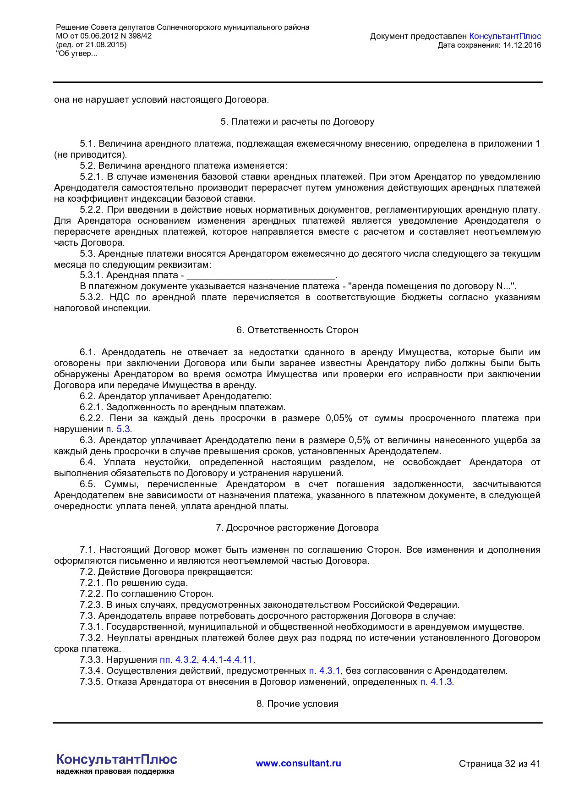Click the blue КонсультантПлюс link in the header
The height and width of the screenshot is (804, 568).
[x=505, y=36]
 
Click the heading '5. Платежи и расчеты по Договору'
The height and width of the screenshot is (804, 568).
[x=297, y=121]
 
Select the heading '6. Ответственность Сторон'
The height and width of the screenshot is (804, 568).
[x=297, y=330]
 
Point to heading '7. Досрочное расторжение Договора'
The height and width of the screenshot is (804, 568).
[x=297, y=528]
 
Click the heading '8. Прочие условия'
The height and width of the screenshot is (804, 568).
[x=297, y=704]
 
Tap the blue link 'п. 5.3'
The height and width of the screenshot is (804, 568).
[x=118, y=429]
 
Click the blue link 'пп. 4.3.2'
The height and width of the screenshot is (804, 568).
[x=178, y=660]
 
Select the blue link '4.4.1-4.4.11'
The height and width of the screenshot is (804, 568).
[x=227, y=660]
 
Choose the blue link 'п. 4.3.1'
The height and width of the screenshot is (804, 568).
[x=324, y=671]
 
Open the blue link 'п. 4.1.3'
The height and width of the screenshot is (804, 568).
[x=436, y=682]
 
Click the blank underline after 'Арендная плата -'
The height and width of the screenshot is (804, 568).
[x=261, y=276]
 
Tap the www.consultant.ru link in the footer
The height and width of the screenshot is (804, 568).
[x=298, y=763]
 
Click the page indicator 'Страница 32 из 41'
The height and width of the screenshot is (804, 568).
[x=499, y=764]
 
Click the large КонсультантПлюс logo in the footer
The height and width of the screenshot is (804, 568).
[x=117, y=759]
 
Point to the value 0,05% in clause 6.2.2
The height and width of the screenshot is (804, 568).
[x=339, y=418]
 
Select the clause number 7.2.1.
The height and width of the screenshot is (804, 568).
[x=92, y=583]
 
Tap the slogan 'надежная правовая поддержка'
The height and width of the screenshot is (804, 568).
[x=115, y=771]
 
